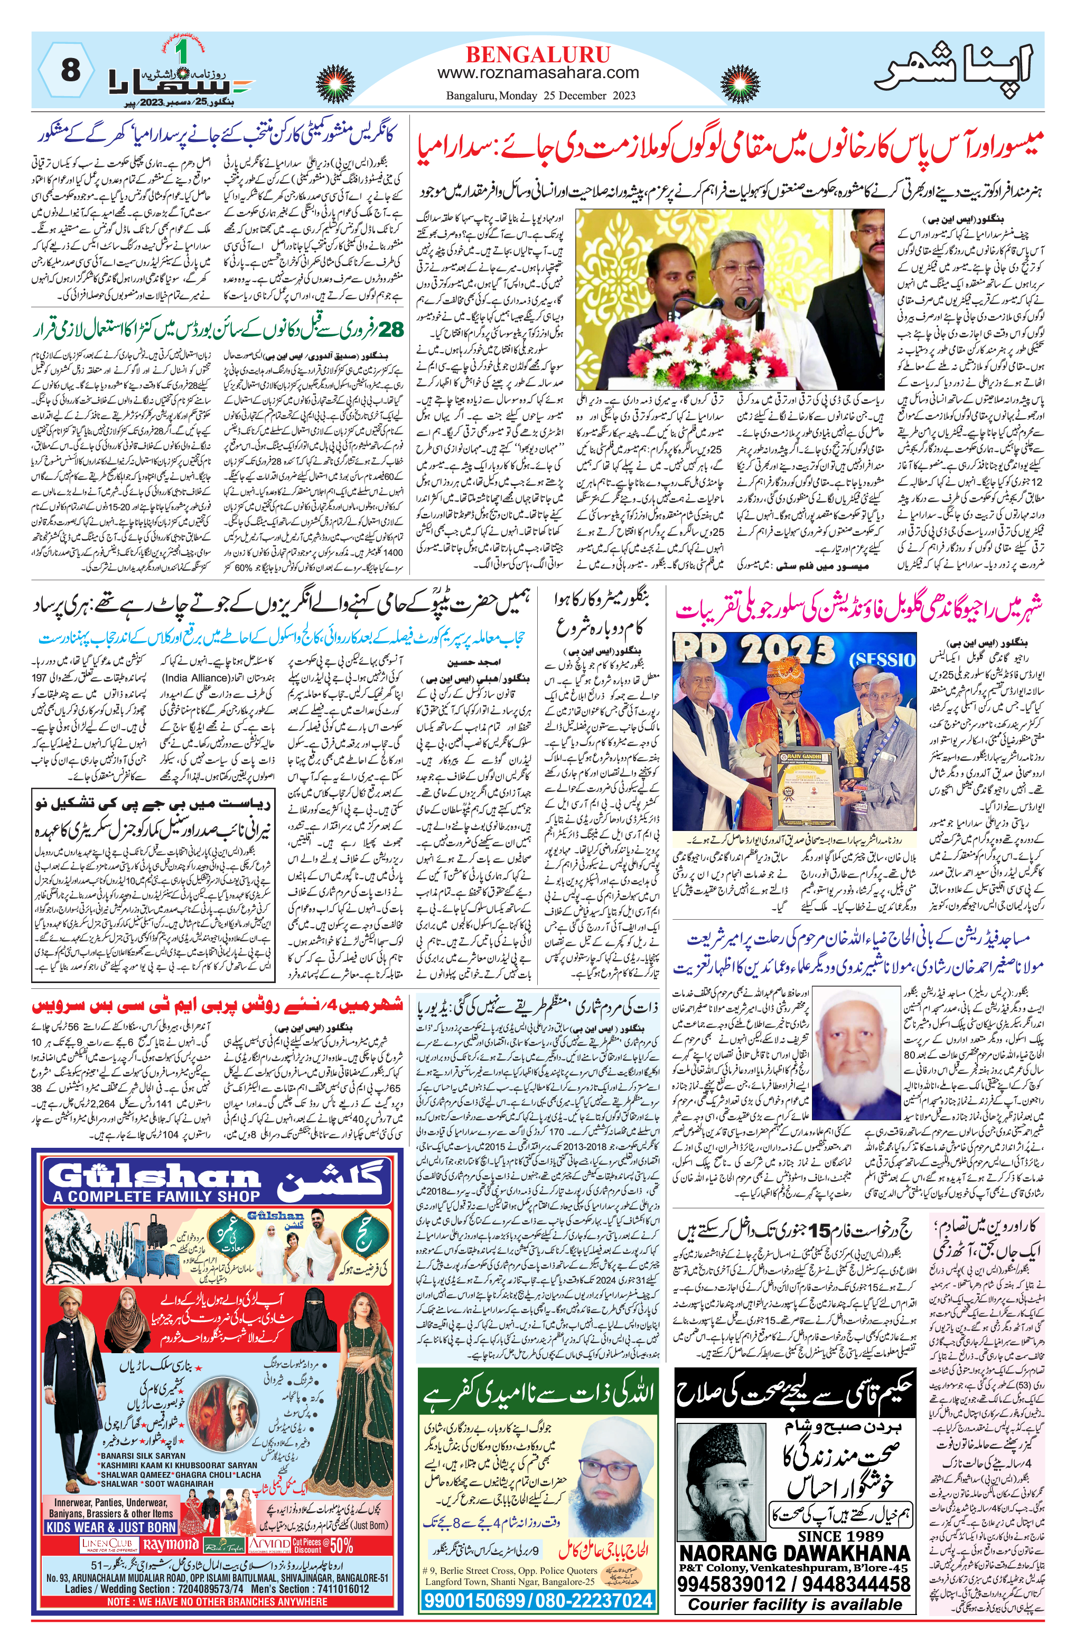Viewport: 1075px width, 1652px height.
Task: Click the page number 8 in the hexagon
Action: pyautogui.click(x=70, y=70)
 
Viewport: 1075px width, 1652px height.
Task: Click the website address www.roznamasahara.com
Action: pyautogui.click(x=538, y=72)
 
